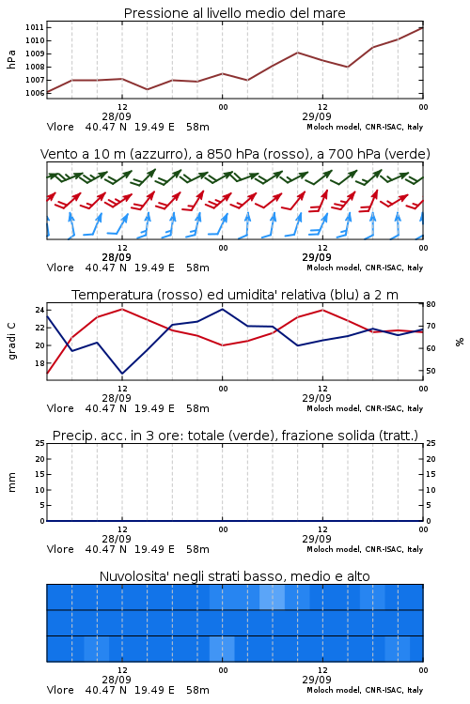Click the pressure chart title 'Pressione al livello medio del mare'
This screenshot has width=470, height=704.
pos(235,13)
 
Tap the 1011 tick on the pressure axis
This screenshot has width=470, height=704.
pos(35,27)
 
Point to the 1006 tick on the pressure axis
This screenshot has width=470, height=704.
pos(35,93)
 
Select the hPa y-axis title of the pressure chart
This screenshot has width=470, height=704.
pos(11,59)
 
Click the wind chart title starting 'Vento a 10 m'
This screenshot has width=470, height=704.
pos(235,154)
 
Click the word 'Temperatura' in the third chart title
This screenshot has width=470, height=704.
pos(113,295)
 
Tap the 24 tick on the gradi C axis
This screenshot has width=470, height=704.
pos(39,311)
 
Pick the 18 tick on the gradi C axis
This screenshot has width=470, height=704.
pos(39,363)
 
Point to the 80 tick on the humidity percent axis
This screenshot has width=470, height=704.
pos(431,304)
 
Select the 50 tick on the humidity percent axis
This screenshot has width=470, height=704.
pos(431,371)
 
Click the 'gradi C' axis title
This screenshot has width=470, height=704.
pos(12,342)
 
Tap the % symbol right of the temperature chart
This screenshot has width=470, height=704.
pos(460,342)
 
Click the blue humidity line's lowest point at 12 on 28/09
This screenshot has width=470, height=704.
pos(122,374)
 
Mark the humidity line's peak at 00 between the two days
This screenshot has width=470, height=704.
pos(222,309)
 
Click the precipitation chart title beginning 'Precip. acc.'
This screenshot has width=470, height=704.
pos(235,436)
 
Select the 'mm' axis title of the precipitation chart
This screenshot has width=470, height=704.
pos(11,482)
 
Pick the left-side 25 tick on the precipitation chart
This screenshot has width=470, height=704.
pos(40,444)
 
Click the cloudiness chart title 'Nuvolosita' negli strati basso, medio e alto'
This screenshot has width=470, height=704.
pos(235,576)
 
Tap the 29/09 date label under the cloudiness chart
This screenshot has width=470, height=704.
pos(317,680)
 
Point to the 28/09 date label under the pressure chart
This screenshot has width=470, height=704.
pos(117,116)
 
